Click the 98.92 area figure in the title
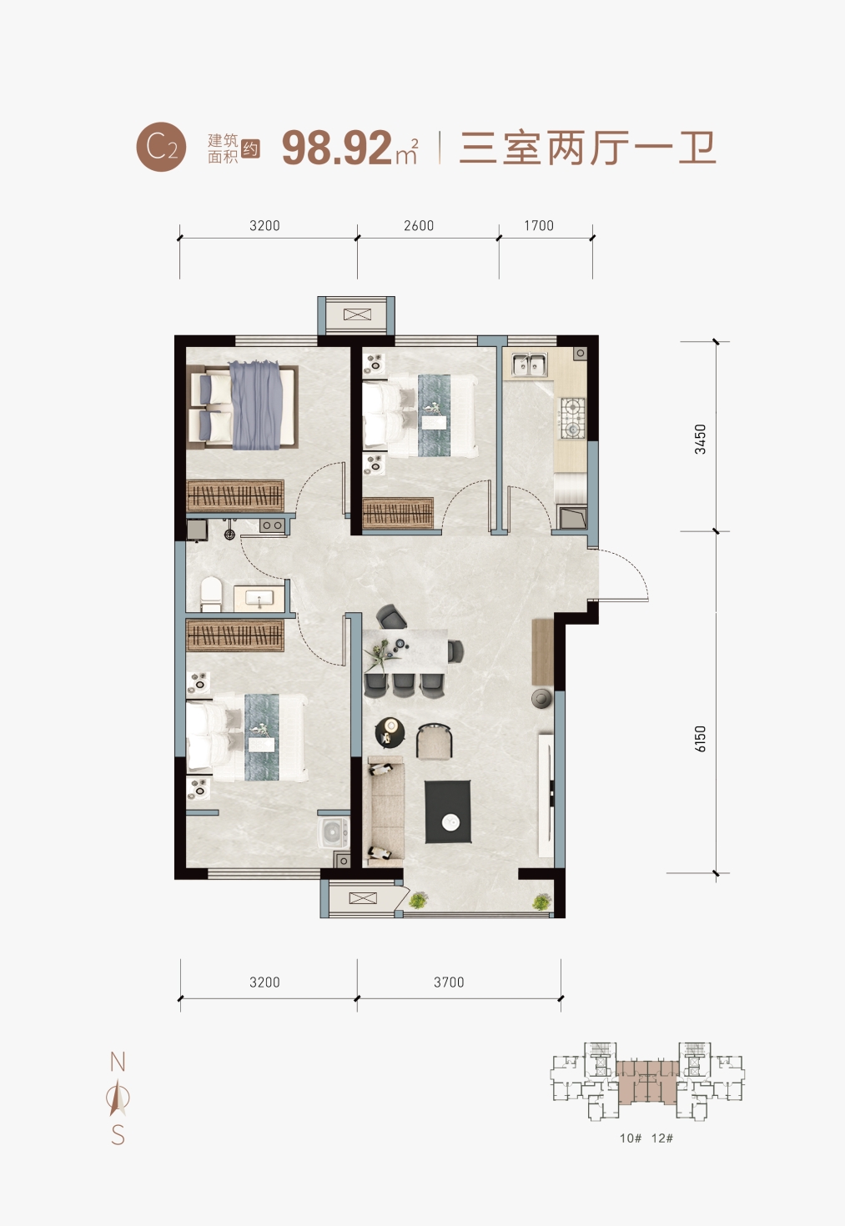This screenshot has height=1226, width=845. click(x=336, y=148)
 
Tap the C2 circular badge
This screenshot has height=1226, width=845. click(x=161, y=147)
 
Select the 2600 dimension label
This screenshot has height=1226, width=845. click(x=419, y=225)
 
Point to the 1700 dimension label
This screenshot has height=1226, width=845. click(x=539, y=225)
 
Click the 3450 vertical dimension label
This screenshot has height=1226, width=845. click(x=700, y=439)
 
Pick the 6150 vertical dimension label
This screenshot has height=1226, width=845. click(x=701, y=739)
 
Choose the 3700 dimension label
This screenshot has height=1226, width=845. click(x=449, y=982)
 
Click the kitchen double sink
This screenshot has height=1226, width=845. click(x=529, y=365)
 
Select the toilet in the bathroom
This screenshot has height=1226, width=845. click(x=211, y=594)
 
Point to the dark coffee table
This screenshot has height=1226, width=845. click(x=448, y=811)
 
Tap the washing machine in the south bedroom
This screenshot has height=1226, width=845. click(x=333, y=833)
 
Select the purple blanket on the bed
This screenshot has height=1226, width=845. click(x=256, y=404)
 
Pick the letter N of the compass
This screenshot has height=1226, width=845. click(x=118, y=1063)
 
